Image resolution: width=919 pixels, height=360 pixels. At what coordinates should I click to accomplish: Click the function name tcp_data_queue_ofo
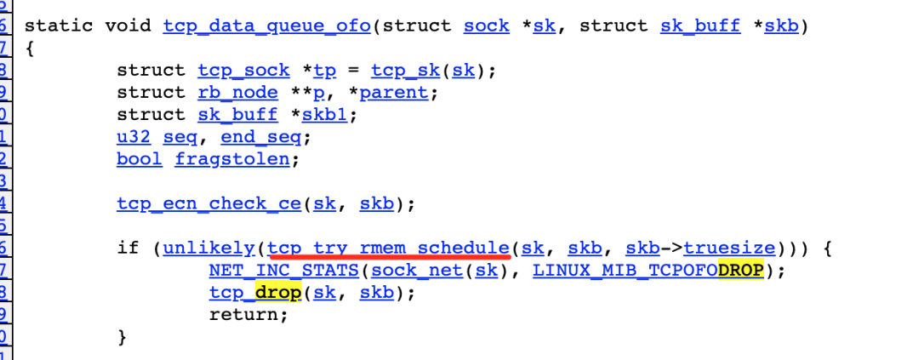(x=266, y=26)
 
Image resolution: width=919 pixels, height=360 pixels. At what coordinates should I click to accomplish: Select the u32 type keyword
(x=132, y=136)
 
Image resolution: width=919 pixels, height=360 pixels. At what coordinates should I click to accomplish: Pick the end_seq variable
(x=266, y=136)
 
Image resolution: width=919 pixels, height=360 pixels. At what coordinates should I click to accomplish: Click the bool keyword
(x=138, y=158)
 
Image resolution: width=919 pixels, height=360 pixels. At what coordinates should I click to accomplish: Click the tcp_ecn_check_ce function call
(x=208, y=203)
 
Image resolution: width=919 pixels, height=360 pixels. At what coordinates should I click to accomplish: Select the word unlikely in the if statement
(x=208, y=248)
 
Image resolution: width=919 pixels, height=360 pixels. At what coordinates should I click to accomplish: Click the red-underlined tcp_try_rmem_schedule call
(x=388, y=248)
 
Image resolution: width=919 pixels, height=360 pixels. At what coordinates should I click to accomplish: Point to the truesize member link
(x=729, y=248)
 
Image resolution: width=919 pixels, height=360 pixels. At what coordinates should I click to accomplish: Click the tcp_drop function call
(x=254, y=292)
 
